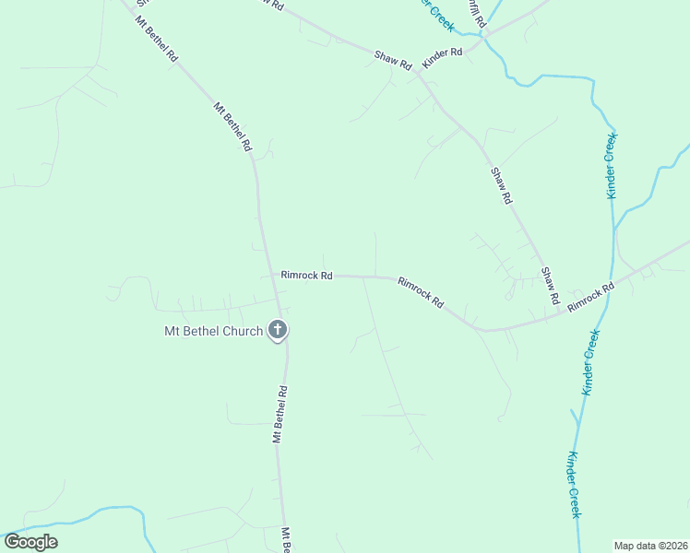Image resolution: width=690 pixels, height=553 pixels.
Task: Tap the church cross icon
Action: point(277,329)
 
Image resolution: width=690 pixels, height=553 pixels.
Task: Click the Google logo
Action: point(30,542)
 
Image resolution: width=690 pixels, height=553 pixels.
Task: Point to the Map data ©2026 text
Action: point(651,546)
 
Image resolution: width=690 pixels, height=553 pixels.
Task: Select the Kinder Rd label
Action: point(442,57)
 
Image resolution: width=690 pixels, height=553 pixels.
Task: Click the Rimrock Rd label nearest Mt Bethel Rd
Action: point(306,275)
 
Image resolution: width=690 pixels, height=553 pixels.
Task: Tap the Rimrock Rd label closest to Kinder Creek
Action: point(590,297)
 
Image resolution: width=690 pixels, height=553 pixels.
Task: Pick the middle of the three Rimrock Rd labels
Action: point(421,292)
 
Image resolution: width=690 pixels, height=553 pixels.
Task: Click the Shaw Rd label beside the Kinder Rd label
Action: point(393,59)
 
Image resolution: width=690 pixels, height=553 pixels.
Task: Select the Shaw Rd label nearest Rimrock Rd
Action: point(550,287)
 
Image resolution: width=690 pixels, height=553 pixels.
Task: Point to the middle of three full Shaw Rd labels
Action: point(501,185)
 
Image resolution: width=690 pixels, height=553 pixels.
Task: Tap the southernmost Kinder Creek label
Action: point(573,484)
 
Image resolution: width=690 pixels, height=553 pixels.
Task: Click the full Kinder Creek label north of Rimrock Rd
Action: point(612,165)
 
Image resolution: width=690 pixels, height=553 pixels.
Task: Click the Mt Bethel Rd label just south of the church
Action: point(281,414)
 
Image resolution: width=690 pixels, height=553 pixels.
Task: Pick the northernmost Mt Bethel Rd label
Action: point(157,38)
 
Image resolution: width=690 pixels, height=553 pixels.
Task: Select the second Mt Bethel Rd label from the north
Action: point(232,125)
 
